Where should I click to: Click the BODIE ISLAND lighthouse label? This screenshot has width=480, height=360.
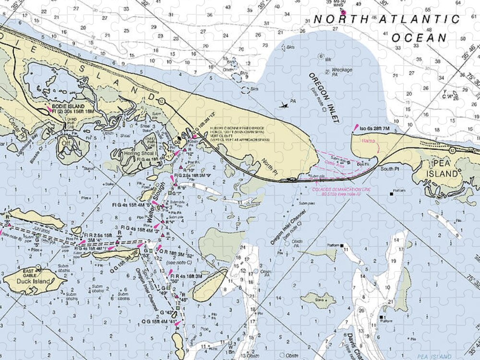click(68, 106)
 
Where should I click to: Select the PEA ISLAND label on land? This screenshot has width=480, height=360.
click(442, 168)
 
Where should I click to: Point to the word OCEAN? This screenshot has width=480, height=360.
click(419, 37)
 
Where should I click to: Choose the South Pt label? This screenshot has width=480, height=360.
click(390, 169)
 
